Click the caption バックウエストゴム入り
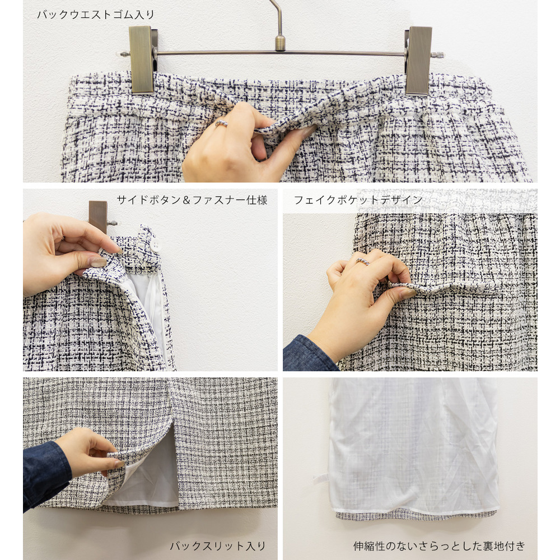pyautogui.click(x=96, y=15)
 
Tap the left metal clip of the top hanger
pyautogui.click(x=142, y=59)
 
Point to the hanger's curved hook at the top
pyautogui.click(x=276, y=14)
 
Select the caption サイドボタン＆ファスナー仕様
pyautogui.click(x=192, y=200)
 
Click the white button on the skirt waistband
pyautogui.click(x=155, y=245)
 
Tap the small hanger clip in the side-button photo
pyautogui.click(x=99, y=216)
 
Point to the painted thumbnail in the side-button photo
pyautogui.click(x=98, y=262)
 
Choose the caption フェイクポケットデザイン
pyautogui.click(x=358, y=200)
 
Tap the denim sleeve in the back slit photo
pyautogui.click(x=45, y=473)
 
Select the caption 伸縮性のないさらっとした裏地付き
pyautogui.click(x=440, y=546)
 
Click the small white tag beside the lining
pyautogui.click(x=320, y=478)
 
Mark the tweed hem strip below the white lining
pyautogui.click(x=414, y=515)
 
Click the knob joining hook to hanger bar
pyautogui.click(x=279, y=42)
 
